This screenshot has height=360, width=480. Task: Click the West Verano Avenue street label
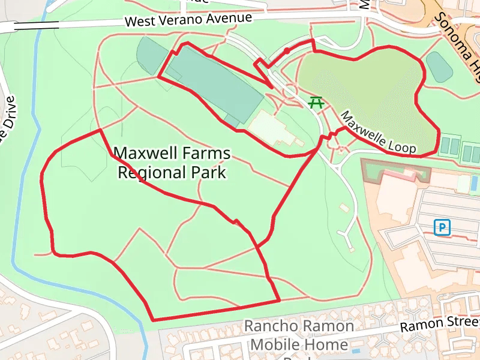pyautogui.click(x=188, y=20)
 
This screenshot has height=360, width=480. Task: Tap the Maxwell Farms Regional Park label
pyautogui.click(x=172, y=163)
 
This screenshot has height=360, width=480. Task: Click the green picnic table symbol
pyautogui.click(x=316, y=103)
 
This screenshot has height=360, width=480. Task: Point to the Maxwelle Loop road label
pyautogui.click(x=379, y=131)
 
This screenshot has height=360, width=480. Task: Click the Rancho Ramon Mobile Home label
pyautogui.click(x=299, y=335)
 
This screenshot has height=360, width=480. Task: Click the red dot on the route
pyautogui.click(x=287, y=51)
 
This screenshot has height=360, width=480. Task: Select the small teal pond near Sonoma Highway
pyautogui.click(x=439, y=67)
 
